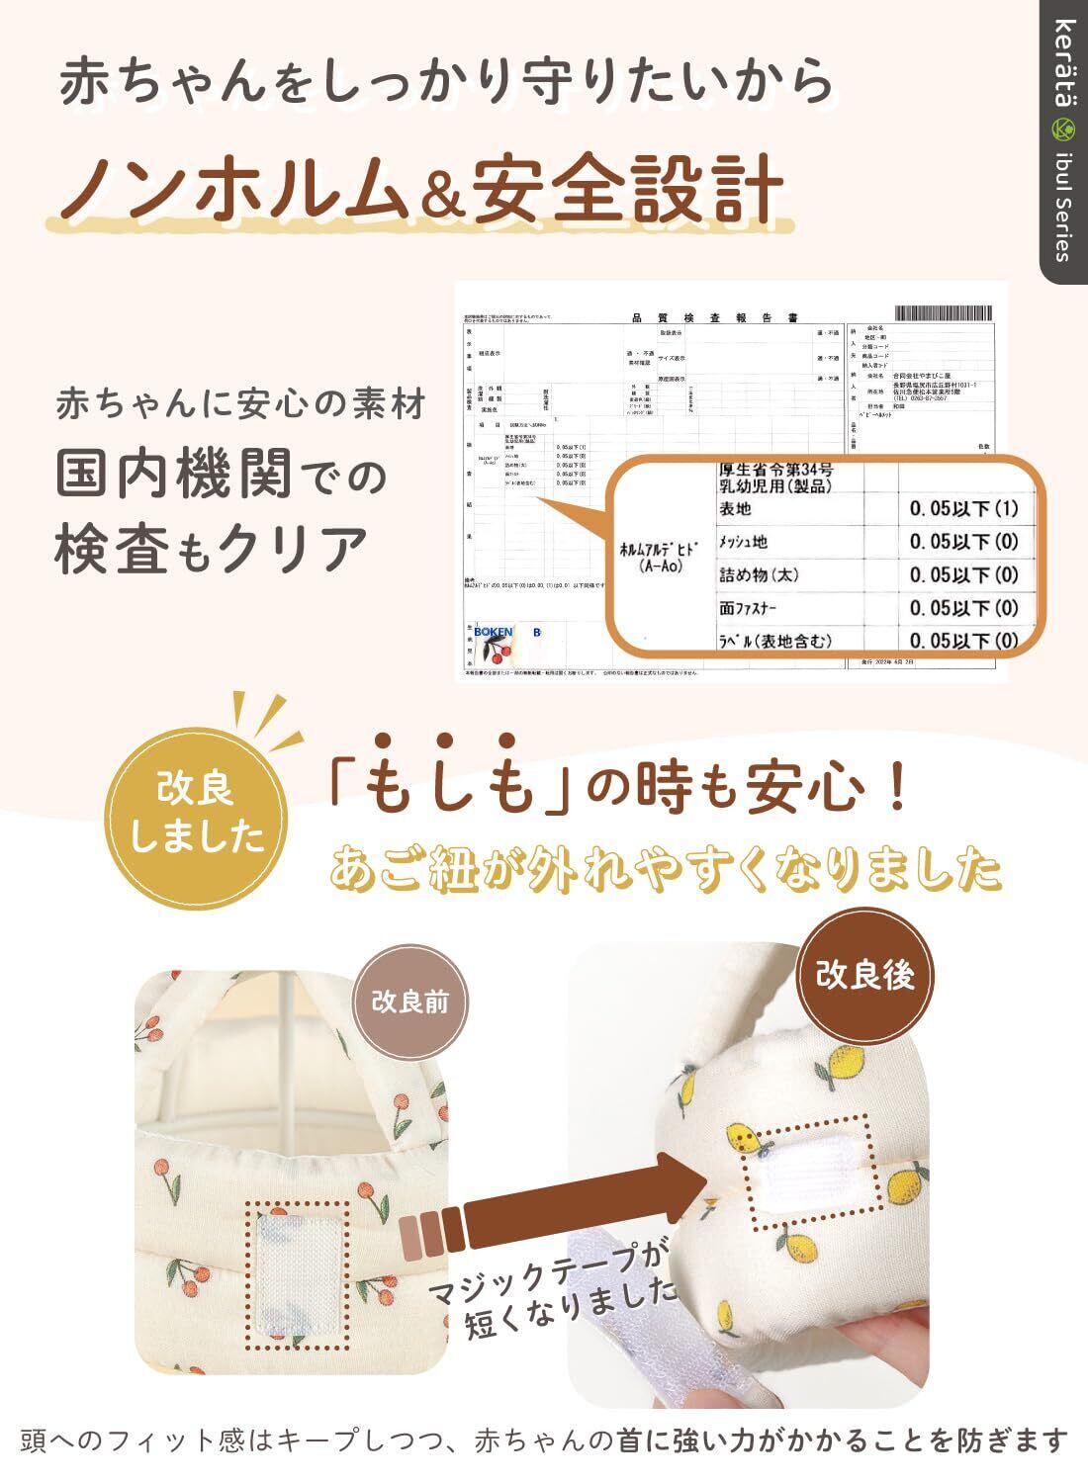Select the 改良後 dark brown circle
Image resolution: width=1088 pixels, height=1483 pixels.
coord(864,975)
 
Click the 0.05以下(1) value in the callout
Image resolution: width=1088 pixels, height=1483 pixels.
coord(963,509)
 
